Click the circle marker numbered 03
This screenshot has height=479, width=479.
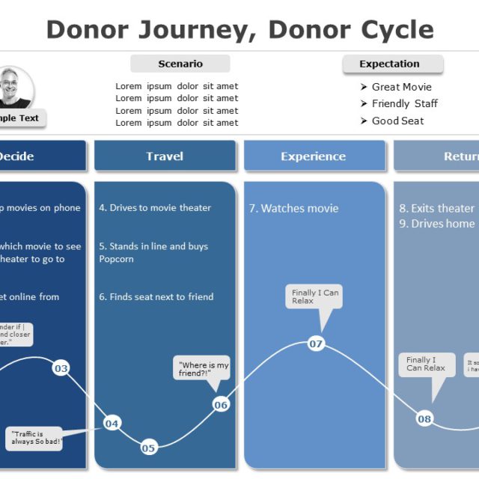click(61, 368)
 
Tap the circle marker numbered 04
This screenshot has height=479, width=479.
click(112, 424)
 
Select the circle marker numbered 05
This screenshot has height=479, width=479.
click(148, 448)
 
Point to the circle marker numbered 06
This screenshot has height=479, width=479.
click(221, 405)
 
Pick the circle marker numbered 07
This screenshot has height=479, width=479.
click(316, 344)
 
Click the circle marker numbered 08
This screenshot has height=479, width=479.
click(424, 418)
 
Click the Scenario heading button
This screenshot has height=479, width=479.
click(180, 64)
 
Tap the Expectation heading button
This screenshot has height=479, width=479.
click(392, 64)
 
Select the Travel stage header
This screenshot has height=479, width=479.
click(165, 156)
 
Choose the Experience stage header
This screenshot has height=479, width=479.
click(314, 156)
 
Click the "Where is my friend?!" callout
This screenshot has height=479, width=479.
click(201, 369)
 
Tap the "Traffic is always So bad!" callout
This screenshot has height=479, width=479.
click(36, 438)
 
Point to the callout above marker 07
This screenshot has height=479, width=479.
click(315, 296)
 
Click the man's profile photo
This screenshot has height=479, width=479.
click(12, 88)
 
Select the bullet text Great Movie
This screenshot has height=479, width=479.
click(401, 87)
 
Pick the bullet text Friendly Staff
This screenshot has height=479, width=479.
click(404, 103)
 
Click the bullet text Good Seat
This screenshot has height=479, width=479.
click(397, 120)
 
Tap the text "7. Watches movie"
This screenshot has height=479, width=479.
click(293, 208)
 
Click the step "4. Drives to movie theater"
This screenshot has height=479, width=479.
click(155, 207)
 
